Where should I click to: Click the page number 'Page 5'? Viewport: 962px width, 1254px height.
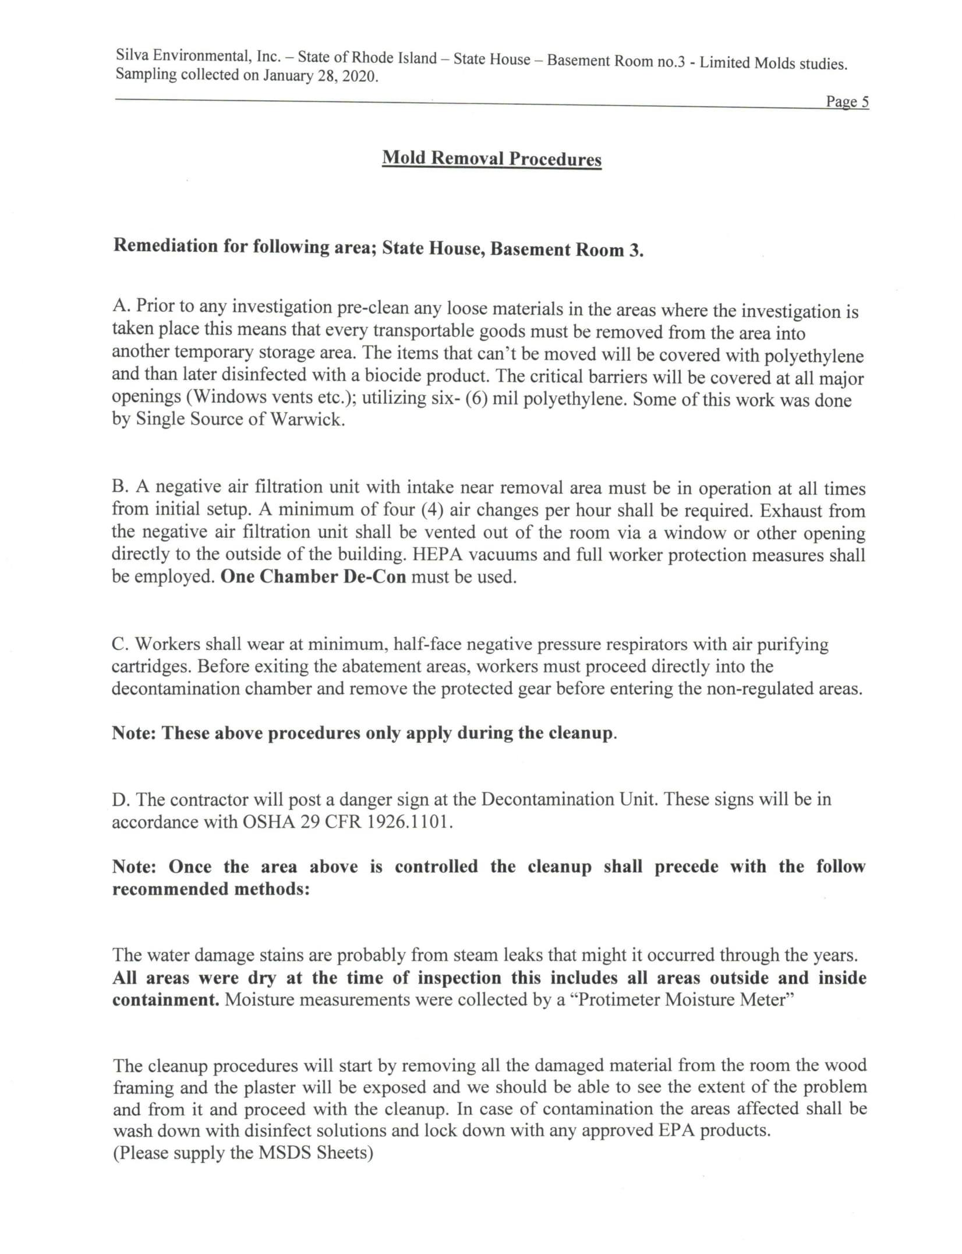847,102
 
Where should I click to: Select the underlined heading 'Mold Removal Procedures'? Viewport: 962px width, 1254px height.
491,158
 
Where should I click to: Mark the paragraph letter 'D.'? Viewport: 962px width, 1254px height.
121,799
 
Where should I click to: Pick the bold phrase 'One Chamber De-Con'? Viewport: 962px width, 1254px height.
314,577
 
